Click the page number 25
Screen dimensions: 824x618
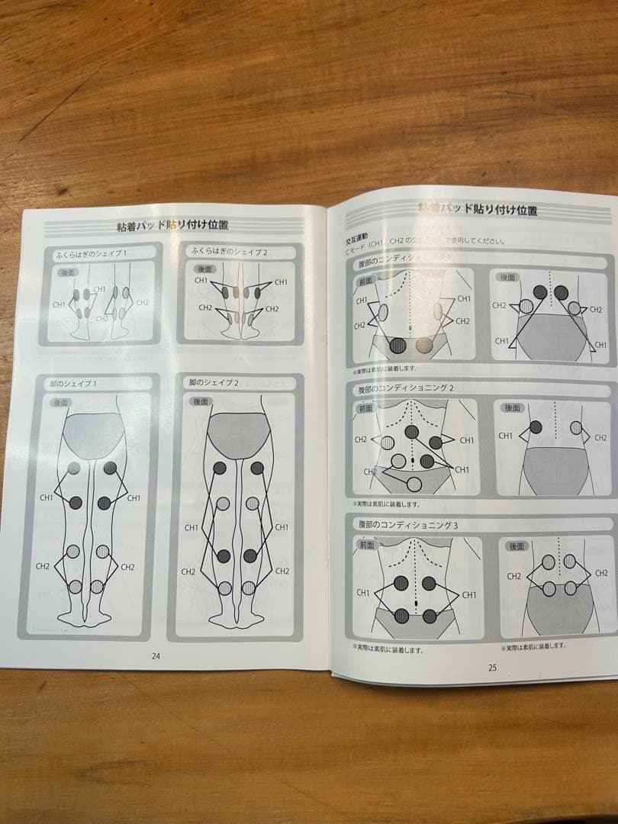(492, 667)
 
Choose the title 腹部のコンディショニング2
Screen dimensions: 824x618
(406, 388)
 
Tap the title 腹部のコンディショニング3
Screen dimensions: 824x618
(407, 526)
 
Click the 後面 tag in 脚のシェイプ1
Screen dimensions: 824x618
(63, 403)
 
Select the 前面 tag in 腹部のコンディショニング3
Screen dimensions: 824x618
(366, 545)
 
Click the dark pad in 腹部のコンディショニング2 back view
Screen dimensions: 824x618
(536, 426)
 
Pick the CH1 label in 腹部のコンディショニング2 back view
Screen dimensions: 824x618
(506, 436)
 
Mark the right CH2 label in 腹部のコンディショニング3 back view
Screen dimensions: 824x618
(600, 572)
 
